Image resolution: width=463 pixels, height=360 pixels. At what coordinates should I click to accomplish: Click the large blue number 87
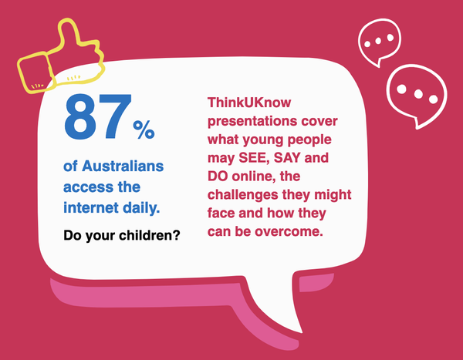tap(98, 116)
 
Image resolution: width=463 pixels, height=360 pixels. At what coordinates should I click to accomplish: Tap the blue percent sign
tap(144, 130)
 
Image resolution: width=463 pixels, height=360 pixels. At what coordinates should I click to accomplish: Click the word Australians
tap(123, 167)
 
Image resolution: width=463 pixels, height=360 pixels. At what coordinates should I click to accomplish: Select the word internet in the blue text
tap(91, 207)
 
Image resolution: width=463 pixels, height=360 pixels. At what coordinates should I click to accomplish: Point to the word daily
tap(141, 207)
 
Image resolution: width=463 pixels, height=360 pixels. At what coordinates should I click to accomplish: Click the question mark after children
tap(176, 235)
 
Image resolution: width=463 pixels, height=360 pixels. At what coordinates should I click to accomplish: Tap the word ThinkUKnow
tap(249, 103)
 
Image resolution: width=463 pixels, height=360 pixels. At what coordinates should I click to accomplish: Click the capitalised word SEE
tap(255, 158)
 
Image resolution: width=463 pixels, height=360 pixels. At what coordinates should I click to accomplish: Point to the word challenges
tap(243, 195)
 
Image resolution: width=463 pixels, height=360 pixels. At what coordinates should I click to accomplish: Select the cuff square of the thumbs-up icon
tap(35, 73)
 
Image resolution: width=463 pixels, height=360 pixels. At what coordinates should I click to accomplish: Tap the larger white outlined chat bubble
tap(417, 95)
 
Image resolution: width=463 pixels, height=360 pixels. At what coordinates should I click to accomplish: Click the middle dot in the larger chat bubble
tap(418, 94)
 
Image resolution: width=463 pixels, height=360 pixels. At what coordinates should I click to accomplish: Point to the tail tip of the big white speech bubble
tap(302, 332)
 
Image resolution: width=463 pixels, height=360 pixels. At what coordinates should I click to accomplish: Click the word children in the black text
tap(146, 235)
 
